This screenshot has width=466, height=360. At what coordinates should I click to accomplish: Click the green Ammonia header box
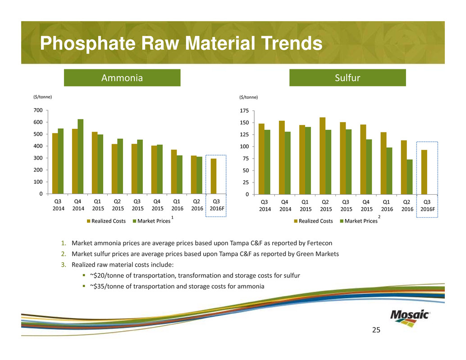point(122,78)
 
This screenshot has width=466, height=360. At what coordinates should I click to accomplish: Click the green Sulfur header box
point(347,77)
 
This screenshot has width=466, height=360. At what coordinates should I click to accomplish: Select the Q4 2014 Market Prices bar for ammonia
point(80,156)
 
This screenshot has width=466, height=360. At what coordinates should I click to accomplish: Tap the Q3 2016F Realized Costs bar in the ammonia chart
point(213,176)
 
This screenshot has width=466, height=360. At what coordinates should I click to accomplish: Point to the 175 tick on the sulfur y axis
point(244,111)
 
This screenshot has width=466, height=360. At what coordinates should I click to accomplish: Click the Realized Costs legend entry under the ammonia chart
point(106,221)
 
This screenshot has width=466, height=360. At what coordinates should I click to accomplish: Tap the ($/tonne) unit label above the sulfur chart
point(249,97)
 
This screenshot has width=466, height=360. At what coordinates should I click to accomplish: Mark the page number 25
point(376,331)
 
